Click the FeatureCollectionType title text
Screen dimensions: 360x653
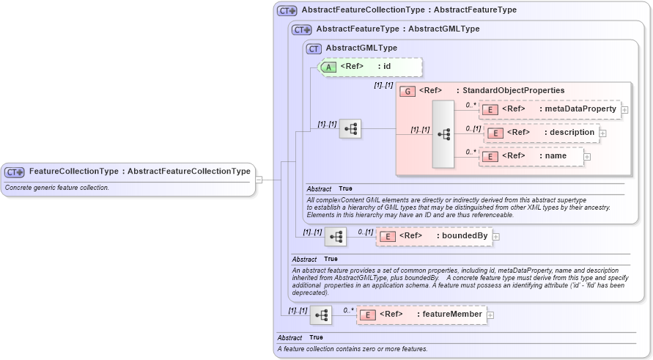point(139,172)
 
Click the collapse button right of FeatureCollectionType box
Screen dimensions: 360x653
point(259,180)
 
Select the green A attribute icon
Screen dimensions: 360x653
point(329,67)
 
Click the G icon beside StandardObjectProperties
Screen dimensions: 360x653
point(407,91)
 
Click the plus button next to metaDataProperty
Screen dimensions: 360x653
point(624,110)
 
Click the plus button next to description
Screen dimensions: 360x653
point(603,133)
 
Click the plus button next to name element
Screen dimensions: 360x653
point(587,157)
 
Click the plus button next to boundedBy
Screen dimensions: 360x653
point(496,237)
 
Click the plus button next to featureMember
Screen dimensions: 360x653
point(490,315)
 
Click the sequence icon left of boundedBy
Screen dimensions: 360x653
point(336,237)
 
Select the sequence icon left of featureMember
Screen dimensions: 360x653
point(321,315)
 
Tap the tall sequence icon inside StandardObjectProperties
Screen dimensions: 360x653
point(444,134)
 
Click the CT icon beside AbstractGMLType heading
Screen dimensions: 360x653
point(314,48)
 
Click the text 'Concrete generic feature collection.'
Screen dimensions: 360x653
point(57,188)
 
